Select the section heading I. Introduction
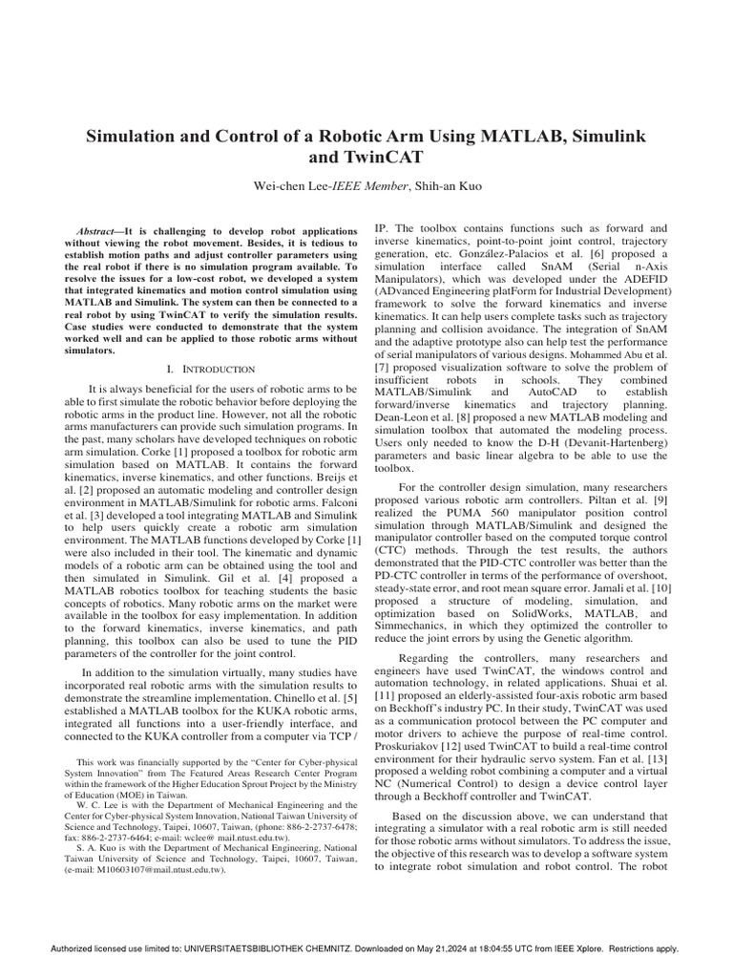coord(210,369)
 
